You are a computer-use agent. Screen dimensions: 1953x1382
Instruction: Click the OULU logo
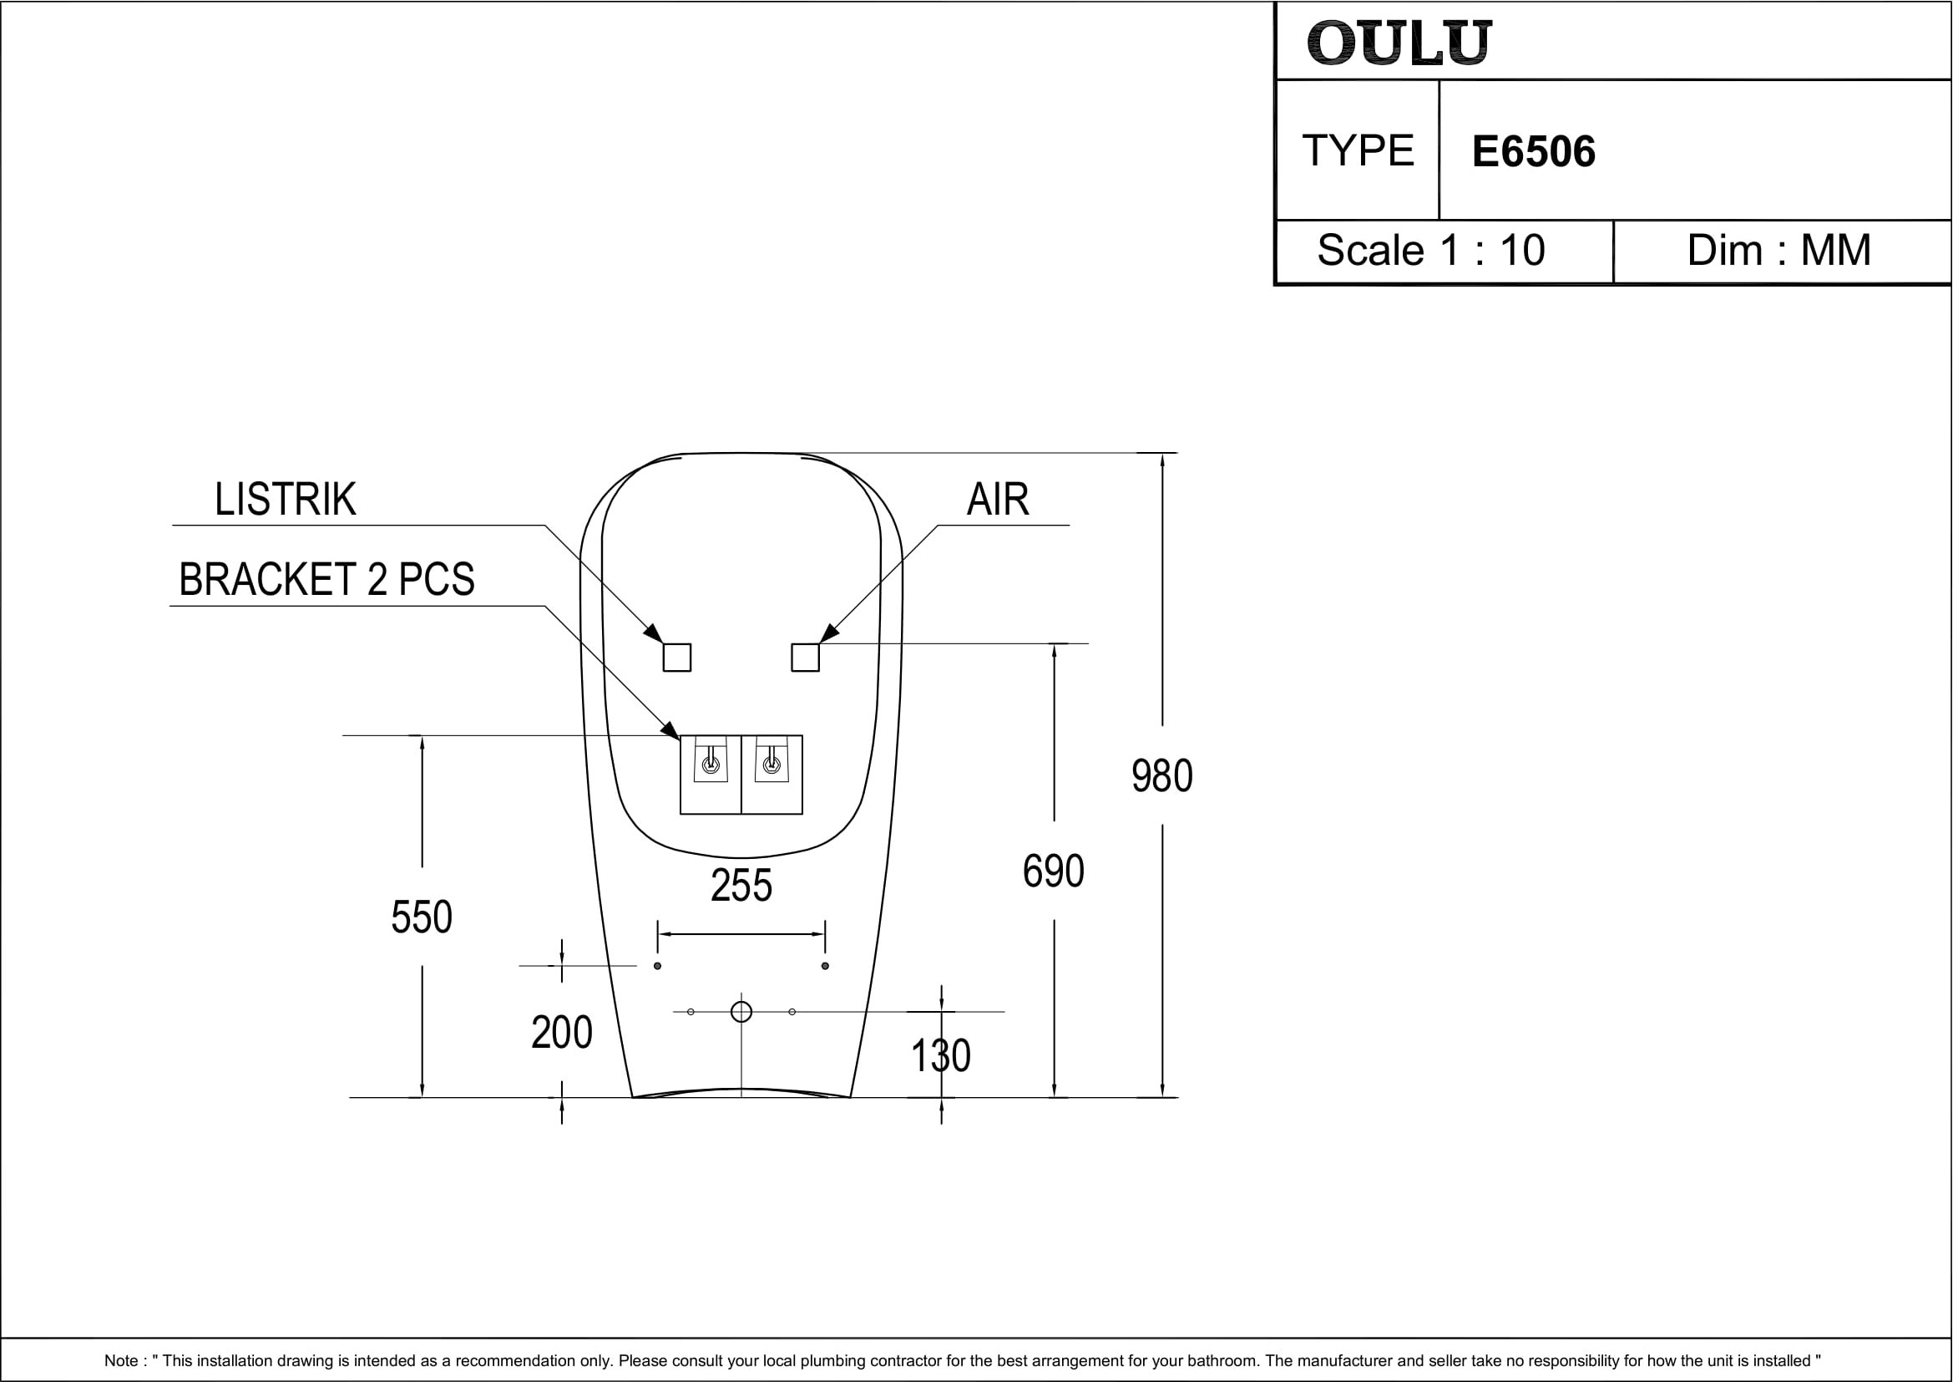tap(1399, 43)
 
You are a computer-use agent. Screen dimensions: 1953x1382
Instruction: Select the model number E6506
tap(1534, 151)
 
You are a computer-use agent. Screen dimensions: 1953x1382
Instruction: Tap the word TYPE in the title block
tap(1358, 150)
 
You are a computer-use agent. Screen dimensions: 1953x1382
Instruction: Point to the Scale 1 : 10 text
tap(1431, 250)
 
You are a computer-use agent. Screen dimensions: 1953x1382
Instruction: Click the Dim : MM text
tap(1778, 250)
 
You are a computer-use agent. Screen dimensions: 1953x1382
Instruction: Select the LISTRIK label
tap(285, 499)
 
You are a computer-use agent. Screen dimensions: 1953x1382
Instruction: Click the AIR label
tap(998, 499)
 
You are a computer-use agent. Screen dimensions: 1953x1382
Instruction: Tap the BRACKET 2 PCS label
tap(326, 580)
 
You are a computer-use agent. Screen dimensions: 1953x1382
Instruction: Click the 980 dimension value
tap(1162, 776)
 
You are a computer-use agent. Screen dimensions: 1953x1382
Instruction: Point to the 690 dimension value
tap(1053, 871)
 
